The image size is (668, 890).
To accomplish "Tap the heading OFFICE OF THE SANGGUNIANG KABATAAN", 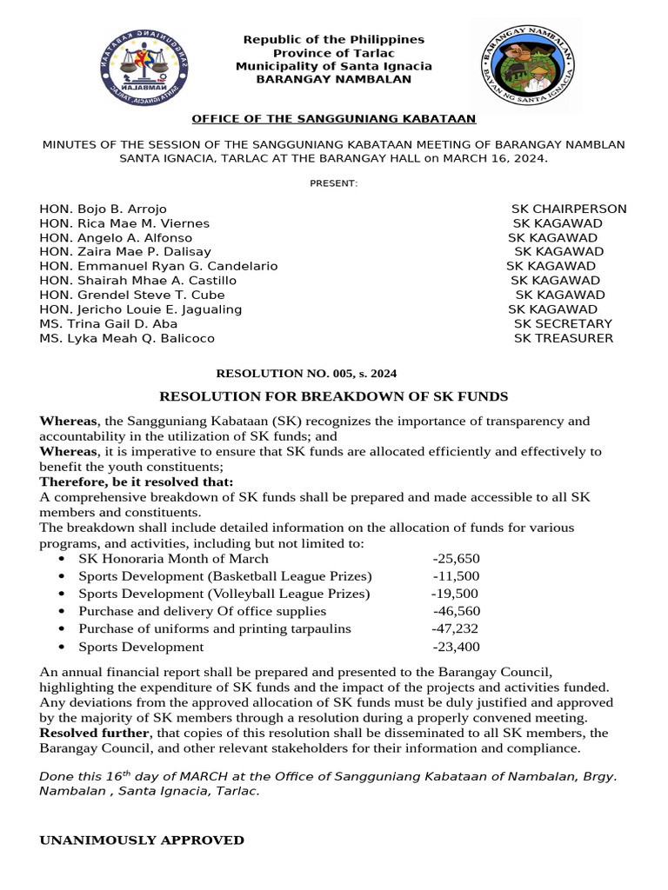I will point(333,118).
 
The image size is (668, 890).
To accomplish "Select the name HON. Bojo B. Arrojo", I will point(103,209).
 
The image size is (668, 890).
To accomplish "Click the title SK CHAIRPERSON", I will point(569,209).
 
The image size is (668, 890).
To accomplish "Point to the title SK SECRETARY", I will point(563,323).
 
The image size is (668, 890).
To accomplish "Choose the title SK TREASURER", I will point(563,338).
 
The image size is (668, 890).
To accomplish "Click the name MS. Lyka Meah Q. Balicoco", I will point(127,338).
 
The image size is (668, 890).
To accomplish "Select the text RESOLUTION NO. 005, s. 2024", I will point(306,374).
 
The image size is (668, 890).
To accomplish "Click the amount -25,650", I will point(456,559).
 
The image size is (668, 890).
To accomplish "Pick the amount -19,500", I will point(455,594).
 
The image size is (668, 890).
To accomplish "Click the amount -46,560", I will point(456,611).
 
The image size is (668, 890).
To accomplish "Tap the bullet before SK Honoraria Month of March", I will point(62,559).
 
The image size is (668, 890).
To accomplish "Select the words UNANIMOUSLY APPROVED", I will point(142,840).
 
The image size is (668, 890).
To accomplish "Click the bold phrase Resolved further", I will point(85,733).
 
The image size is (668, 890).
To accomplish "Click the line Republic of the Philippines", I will point(334,39).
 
